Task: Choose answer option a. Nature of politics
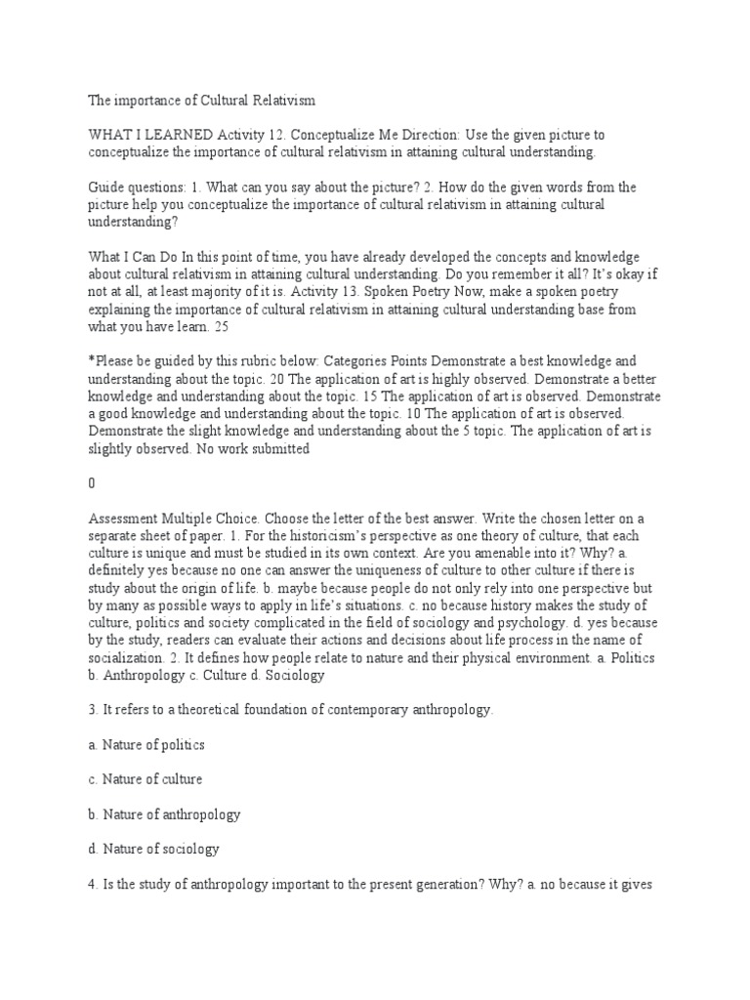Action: (x=146, y=745)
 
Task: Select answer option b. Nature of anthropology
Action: (x=164, y=814)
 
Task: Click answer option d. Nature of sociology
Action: (x=153, y=849)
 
